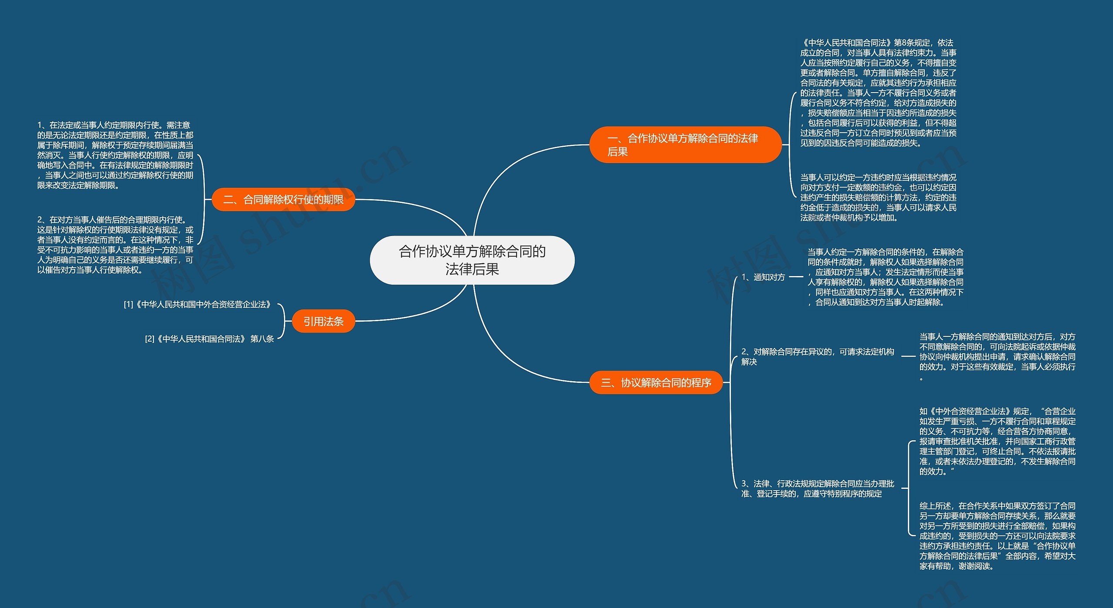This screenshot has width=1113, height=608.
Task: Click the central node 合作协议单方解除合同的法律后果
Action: [x=472, y=260]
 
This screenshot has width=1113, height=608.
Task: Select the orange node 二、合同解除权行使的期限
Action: [x=283, y=199]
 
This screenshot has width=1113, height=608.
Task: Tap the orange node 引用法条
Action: [x=323, y=321]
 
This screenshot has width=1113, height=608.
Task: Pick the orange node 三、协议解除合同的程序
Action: [x=656, y=382]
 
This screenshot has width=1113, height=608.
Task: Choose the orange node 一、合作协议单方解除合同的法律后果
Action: [x=685, y=145]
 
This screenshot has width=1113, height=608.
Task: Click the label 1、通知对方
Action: [x=763, y=277]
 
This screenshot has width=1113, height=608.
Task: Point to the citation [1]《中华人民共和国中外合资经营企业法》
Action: [x=197, y=304]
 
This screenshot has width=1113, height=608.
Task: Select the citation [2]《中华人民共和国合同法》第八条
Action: [x=209, y=339]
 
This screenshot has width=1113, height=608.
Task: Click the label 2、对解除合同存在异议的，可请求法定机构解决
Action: [x=817, y=356]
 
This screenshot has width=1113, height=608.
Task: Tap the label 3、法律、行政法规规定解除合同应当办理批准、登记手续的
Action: [x=817, y=488]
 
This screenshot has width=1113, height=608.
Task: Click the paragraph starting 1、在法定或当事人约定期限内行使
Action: [x=115, y=155]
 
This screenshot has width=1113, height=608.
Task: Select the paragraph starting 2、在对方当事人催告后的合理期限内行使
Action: [x=115, y=245]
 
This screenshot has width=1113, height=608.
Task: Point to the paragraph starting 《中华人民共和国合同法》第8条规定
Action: [x=878, y=93]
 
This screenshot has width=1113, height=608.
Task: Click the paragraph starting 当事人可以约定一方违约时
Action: [x=878, y=197]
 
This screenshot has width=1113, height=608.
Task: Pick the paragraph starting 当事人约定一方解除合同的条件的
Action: [x=885, y=277]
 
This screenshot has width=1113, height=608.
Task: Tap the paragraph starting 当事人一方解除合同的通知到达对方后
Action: [x=997, y=356]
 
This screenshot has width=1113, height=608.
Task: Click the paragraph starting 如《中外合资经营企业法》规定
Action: [x=997, y=441]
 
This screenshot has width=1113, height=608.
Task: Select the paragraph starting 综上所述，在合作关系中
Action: [x=997, y=535]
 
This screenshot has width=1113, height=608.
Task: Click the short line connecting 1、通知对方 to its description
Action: [x=796, y=276]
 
